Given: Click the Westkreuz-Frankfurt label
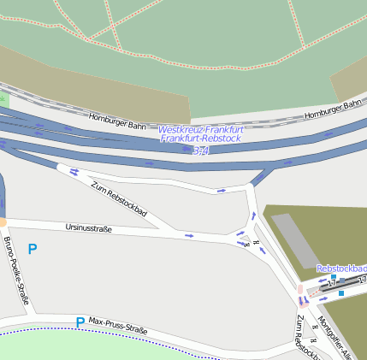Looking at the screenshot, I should click(x=200, y=129).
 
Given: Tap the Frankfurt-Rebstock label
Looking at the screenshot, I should click(x=201, y=139).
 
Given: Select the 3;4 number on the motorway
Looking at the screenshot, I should click(x=200, y=150).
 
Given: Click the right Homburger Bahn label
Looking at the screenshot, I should click(x=334, y=109).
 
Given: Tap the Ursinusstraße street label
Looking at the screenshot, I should click(x=88, y=228).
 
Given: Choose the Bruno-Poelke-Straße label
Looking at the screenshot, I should click(x=16, y=271).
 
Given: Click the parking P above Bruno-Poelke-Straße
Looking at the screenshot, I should click(x=33, y=249).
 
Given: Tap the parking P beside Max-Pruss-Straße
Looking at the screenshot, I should click(x=80, y=322).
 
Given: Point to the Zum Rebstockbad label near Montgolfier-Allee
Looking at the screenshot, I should click(x=306, y=339).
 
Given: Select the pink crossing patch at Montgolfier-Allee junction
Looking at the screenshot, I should click(x=300, y=290).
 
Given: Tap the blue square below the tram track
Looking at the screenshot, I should click(x=341, y=293).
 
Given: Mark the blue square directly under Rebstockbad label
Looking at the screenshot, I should click(x=333, y=277).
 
